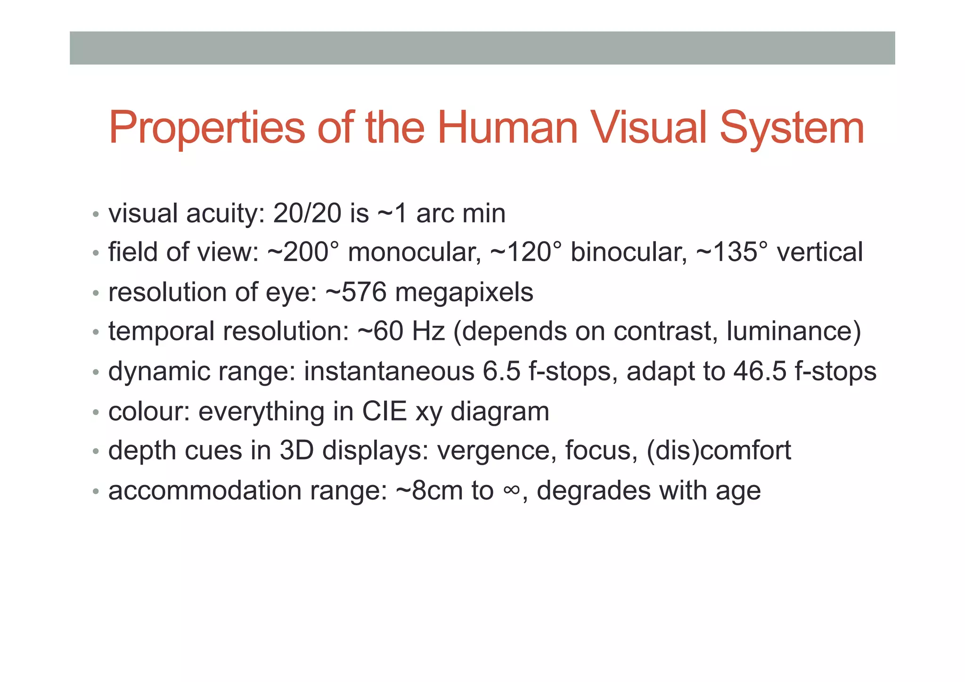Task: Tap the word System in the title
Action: coord(792,128)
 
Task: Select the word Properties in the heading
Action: coord(207,128)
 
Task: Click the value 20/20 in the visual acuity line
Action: coord(307,214)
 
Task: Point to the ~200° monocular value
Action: coord(303,252)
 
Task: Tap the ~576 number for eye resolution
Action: coord(356,292)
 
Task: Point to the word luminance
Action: coord(793,331)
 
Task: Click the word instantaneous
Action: coord(389,371)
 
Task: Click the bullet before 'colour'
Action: coord(96,413)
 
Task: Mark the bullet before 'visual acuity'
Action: coord(96,215)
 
